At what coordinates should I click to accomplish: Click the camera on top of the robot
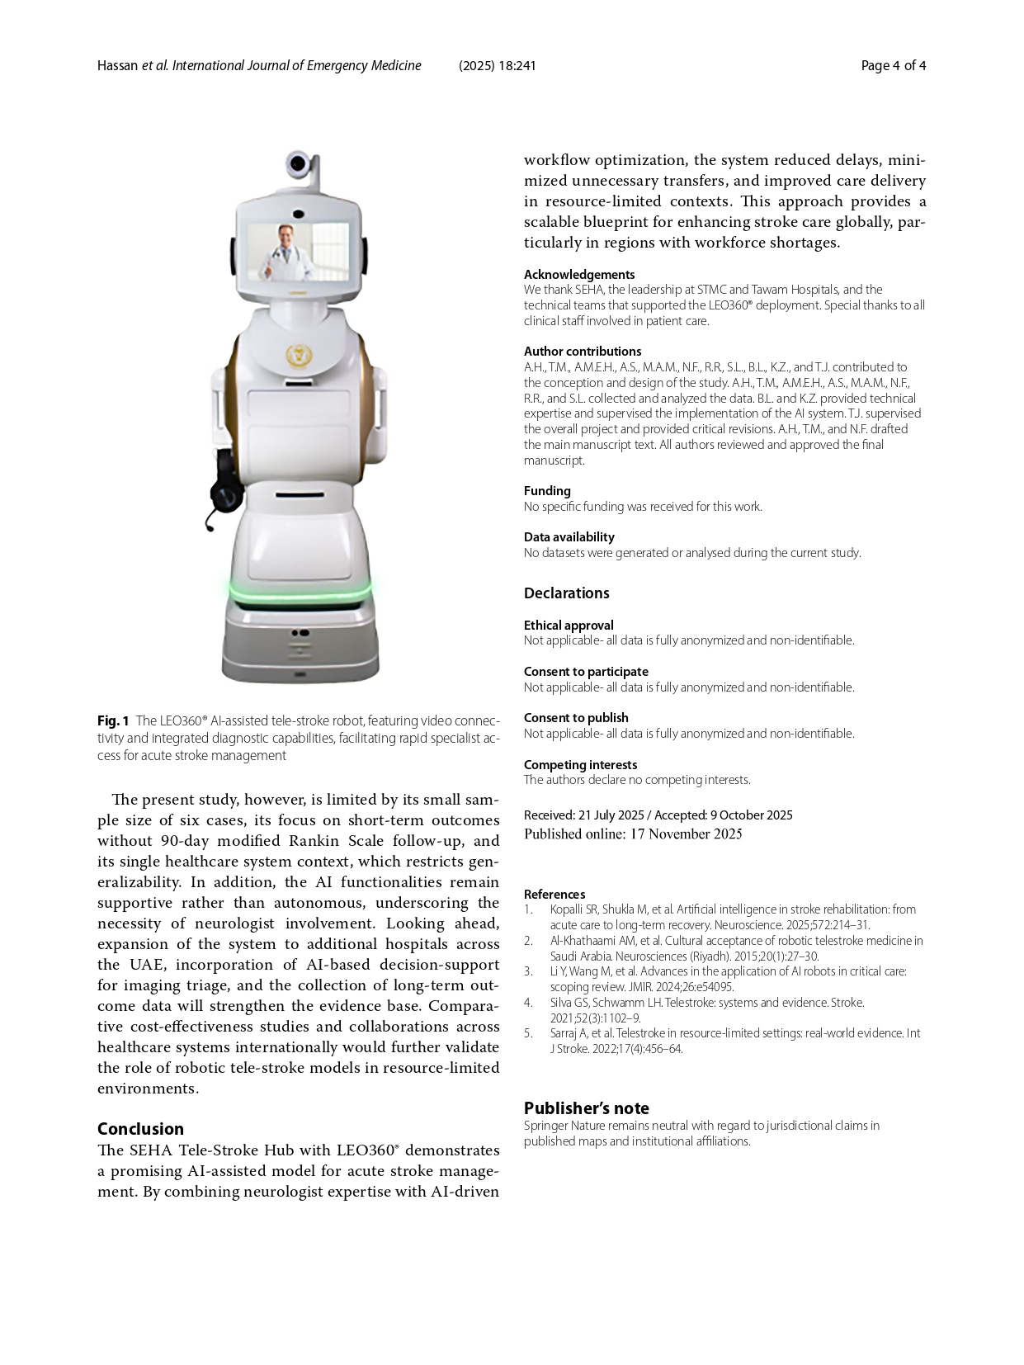[x=299, y=163]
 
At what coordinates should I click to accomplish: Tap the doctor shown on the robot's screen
[x=283, y=251]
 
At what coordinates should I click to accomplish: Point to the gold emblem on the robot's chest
[x=298, y=356]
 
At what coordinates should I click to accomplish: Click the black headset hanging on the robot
[x=225, y=488]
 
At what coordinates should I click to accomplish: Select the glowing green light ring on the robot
[x=300, y=592]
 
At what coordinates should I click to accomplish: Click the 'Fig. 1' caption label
[x=113, y=720]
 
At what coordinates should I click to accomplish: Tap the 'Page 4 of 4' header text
[x=893, y=66]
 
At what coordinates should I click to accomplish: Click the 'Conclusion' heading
[x=140, y=1129]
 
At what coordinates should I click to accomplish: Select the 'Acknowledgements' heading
[x=579, y=275]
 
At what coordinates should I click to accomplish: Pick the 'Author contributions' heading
[x=583, y=352]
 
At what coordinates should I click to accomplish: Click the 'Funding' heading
[x=547, y=491]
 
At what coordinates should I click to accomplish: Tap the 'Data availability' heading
[x=569, y=537]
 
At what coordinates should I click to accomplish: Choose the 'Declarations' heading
[x=567, y=593]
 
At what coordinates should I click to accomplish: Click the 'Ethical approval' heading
[x=569, y=626]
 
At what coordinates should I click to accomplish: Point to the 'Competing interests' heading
[x=580, y=765]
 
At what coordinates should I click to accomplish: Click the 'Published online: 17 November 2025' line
[x=633, y=834]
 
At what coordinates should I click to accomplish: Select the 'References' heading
[x=554, y=895]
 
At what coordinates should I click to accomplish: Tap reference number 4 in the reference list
[x=529, y=1003]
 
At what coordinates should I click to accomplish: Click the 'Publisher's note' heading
[x=587, y=1108]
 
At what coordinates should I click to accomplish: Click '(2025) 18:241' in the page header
[x=498, y=66]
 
